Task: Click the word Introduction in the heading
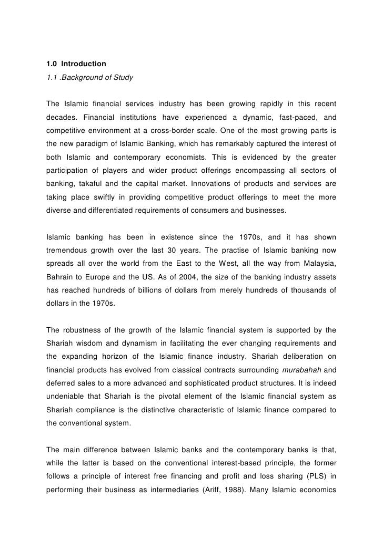pyautogui.click(x=83, y=64)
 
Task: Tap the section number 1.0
pyautogui.click(x=52, y=64)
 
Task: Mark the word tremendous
pyautogui.click(x=68, y=252)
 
